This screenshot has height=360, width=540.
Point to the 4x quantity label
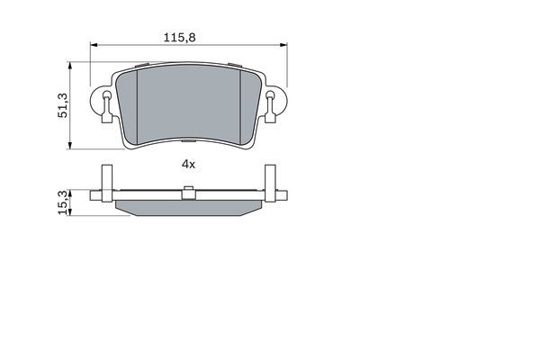pyautogui.click(x=188, y=165)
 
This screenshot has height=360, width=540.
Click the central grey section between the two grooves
pyautogui.click(x=188, y=103)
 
